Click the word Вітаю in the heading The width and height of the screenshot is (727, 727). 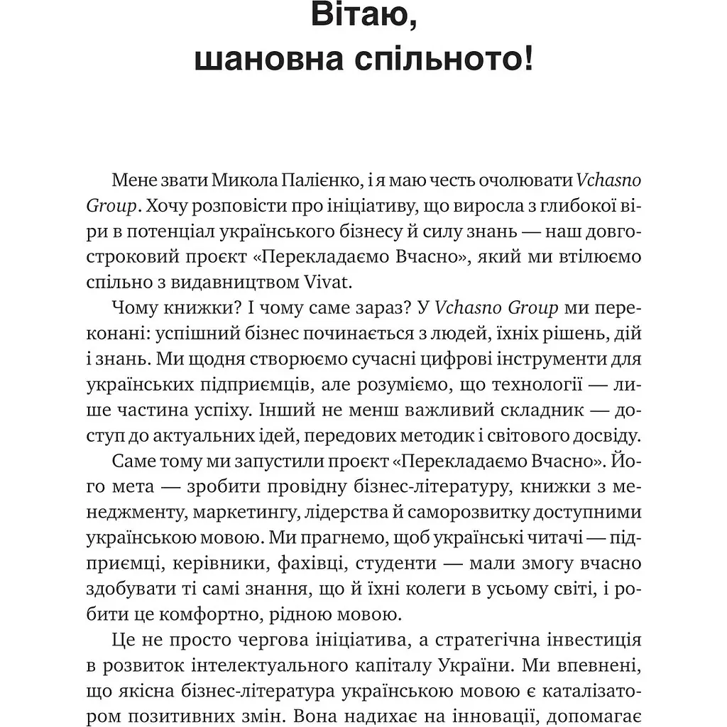363,22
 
